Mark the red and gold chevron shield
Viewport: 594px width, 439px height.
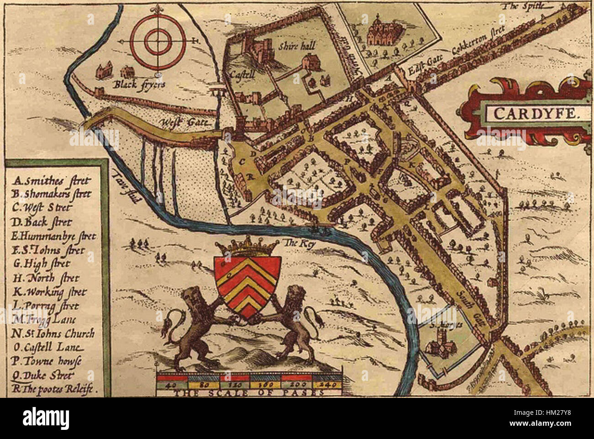[246, 284]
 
